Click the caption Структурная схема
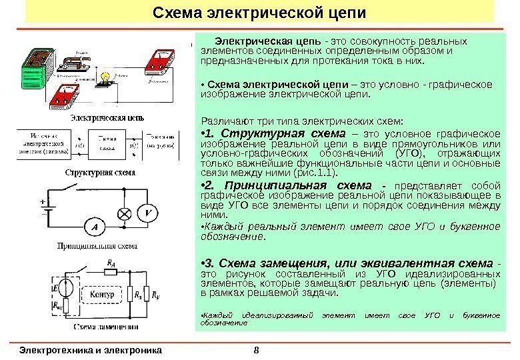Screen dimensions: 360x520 click(100, 172)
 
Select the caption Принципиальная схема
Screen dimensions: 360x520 click(100, 246)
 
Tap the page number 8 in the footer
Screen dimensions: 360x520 click(257, 347)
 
